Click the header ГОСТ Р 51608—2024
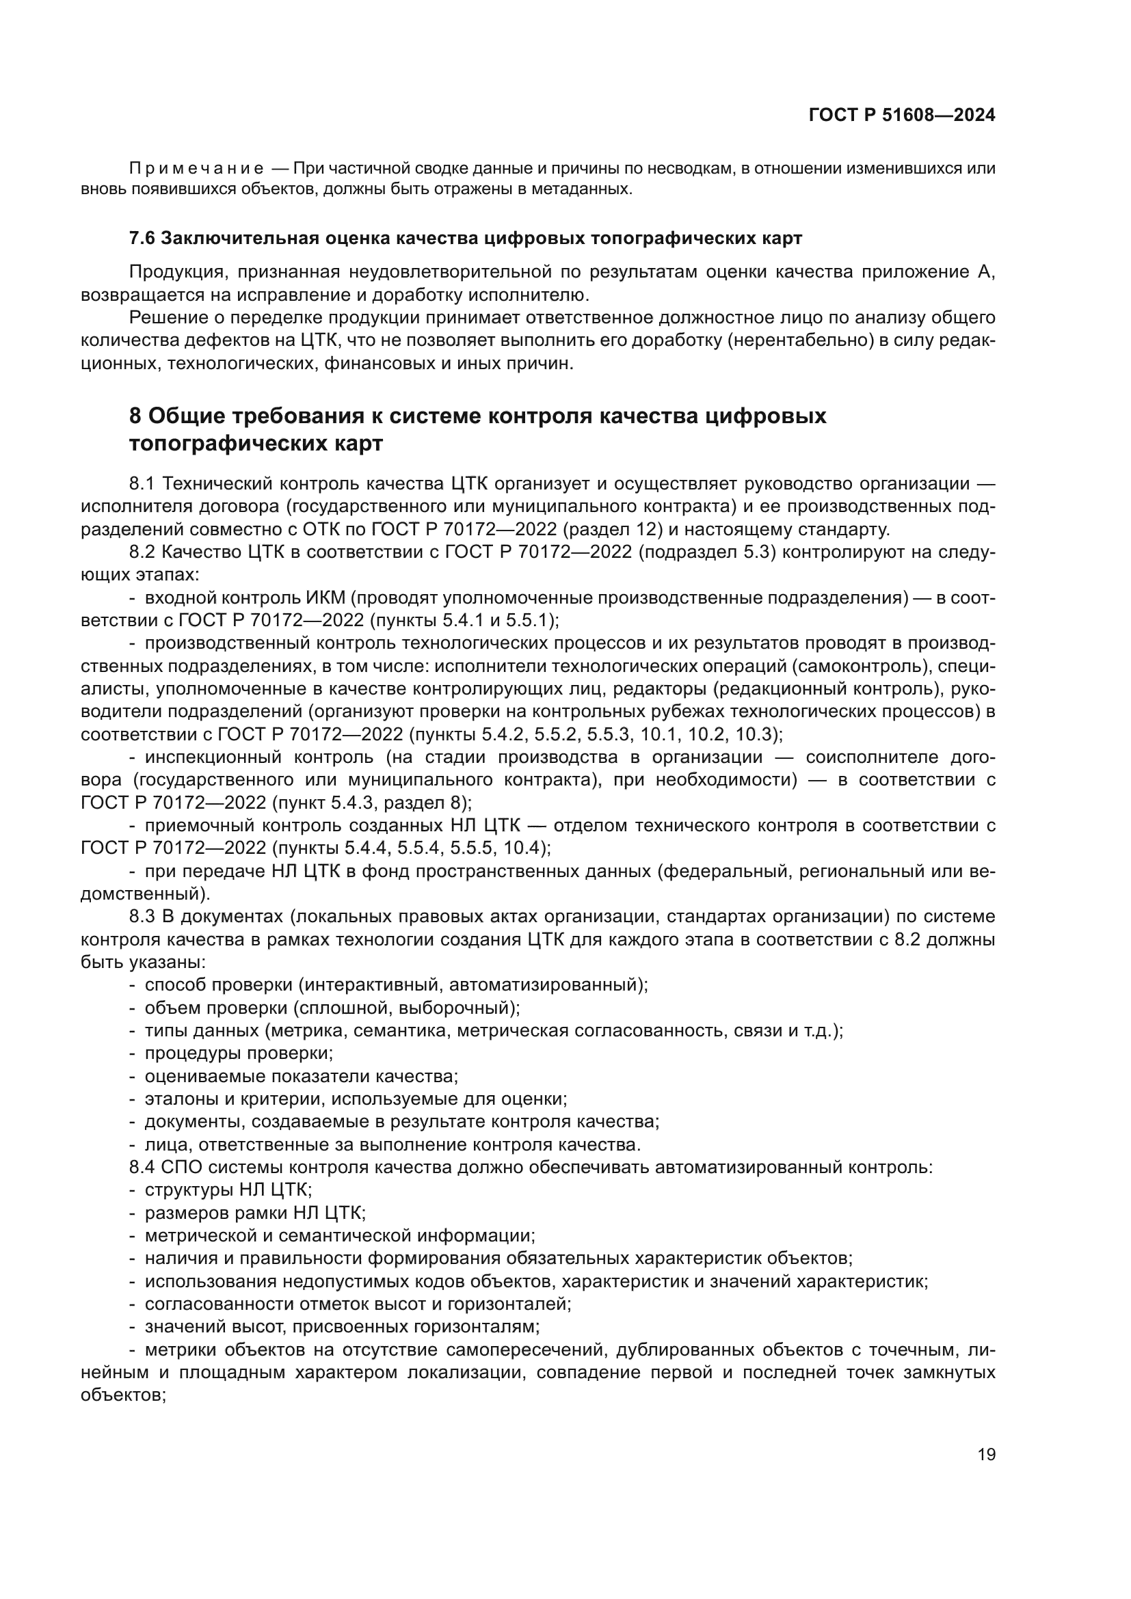pos(901,116)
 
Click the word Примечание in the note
pos(196,169)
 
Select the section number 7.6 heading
pos(143,238)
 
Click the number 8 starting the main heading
pos(135,416)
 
